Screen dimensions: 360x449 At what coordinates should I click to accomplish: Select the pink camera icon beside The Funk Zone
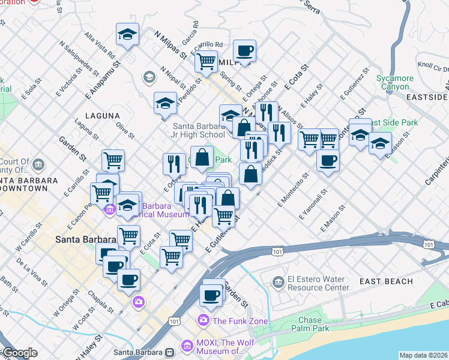pyautogui.click(x=203, y=320)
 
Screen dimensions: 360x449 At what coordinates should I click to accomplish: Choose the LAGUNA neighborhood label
pyautogui.click(x=101, y=115)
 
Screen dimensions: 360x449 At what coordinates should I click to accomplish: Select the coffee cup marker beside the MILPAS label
pyautogui.click(x=244, y=50)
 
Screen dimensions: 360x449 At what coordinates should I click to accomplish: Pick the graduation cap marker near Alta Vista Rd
pyautogui.click(x=127, y=34)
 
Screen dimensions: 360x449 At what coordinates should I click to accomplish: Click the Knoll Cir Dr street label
pyautogui.click(x=433, y=65)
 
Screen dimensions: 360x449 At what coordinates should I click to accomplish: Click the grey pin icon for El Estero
pyautogui.click(x=278, y=281)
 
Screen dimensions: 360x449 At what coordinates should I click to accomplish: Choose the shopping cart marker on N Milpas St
pyautogui.click(x=206, y=61)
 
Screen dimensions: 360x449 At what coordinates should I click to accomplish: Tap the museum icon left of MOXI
pyautogui.click(x=170, y=352)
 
